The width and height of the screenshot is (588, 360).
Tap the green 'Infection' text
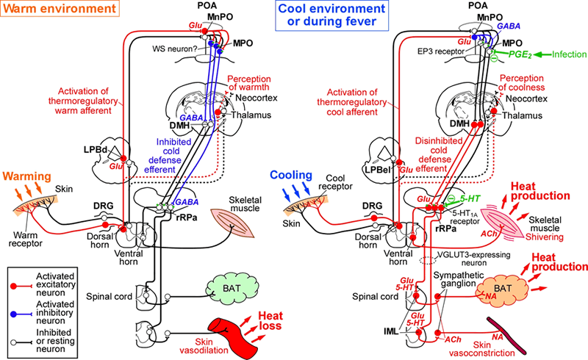pos(567,54)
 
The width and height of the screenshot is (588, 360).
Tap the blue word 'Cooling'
pos(291,176)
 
